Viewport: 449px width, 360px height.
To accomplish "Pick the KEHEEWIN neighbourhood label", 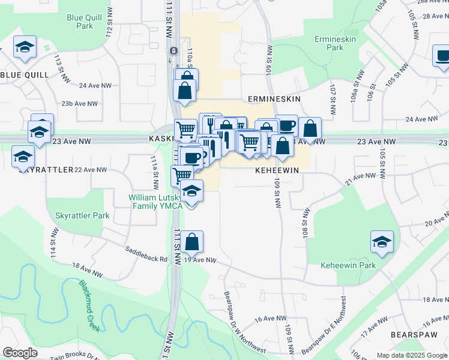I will coord(277,170).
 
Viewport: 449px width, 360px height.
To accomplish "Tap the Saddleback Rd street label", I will coord(146,254).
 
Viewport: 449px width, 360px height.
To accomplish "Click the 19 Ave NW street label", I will coord(199,260).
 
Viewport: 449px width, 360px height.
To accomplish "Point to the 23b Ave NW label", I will coord(79,104).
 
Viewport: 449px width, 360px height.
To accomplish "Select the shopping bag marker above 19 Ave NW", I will coord(192,242).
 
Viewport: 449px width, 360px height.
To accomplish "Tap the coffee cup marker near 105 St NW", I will coord(442,56).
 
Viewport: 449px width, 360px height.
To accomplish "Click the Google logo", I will coord(19,353).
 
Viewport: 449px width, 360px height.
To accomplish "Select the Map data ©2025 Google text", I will coord(412,355).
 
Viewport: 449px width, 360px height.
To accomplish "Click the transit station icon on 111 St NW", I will coord(173,51).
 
